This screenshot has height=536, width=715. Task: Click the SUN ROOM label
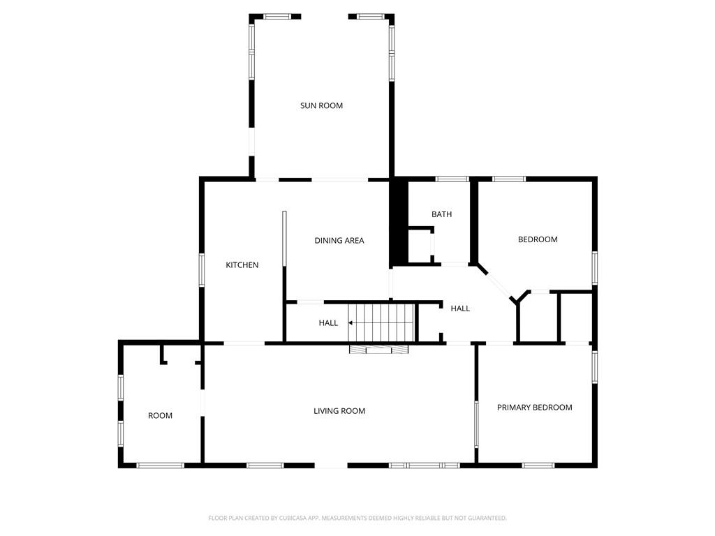[321, 106]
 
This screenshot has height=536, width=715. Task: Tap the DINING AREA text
[339, 241]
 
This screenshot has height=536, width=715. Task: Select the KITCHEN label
[242, 265]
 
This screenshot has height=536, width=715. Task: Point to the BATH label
[442, 214]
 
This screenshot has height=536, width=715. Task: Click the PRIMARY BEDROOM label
[534, 408]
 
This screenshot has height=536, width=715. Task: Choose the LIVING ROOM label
[339, 411]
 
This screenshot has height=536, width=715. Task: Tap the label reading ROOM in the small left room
[160, 416]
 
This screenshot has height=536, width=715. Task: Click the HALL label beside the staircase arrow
[328, 323]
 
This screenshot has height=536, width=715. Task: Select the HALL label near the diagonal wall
[460, 308]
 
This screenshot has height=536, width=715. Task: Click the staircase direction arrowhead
[351, 322]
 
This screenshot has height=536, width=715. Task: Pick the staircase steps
[381, 322]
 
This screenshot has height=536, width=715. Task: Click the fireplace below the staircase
[378, 349]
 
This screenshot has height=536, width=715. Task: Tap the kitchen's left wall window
[202, 270]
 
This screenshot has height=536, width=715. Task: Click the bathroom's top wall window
[452, 179]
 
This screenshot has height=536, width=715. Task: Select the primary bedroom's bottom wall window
[538, 466]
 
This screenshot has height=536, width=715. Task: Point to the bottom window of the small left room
[161, 466]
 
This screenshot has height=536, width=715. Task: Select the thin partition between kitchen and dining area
[284, 239]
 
